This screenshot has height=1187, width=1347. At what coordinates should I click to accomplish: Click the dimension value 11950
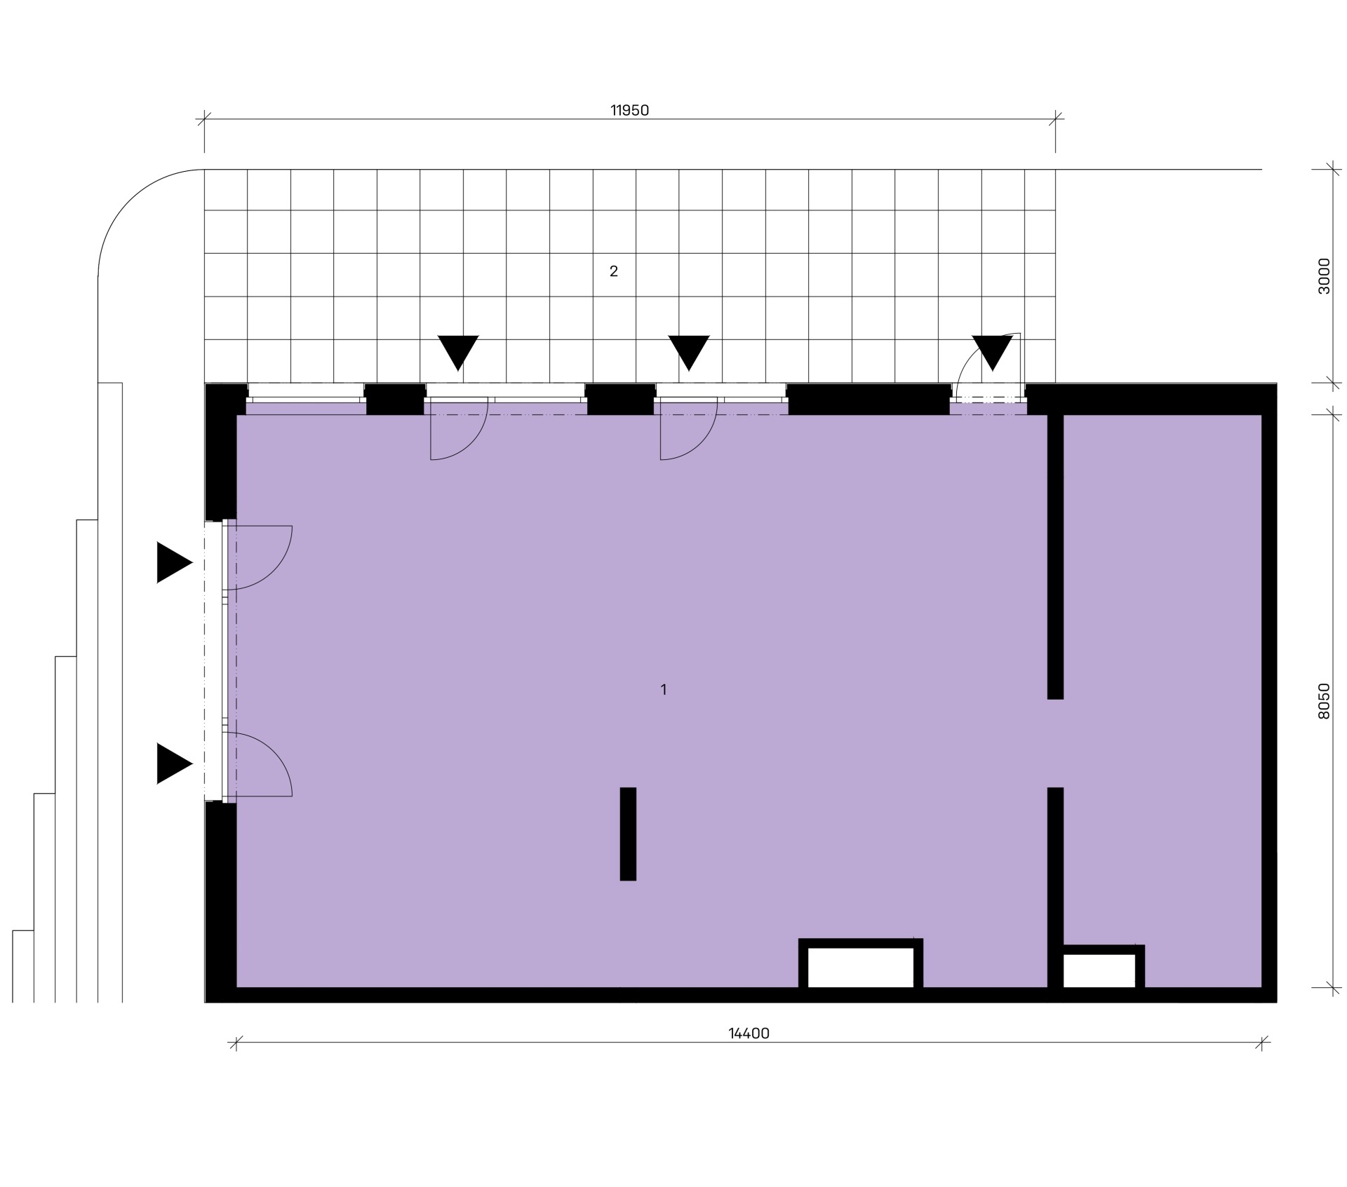click(x=629, y=110)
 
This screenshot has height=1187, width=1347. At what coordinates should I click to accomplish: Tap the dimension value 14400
click(x=749, y=1033)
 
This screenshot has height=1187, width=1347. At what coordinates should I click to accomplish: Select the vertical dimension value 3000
click(x=1324, y=276)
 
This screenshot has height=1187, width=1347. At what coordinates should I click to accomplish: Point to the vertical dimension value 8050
click(x=1324, y=701)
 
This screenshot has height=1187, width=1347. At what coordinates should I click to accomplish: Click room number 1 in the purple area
click(x=664, y=690)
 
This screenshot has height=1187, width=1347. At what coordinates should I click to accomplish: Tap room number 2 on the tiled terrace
click(x=614, y=271)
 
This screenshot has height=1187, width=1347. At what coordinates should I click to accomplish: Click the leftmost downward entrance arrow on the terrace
click(x=458, y=353)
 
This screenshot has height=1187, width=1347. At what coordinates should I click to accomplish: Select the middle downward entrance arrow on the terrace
click(x=689, y=353)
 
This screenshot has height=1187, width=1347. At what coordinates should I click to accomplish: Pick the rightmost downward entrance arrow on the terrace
click(x=993, y=353)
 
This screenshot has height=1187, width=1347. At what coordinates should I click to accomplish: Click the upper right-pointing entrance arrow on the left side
click(x=175, y=562)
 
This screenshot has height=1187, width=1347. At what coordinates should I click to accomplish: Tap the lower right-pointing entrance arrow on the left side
click(x=175, y=764)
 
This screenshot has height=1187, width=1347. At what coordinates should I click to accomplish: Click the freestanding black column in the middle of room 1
click(x=628, y=834)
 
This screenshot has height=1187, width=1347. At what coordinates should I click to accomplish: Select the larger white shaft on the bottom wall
click(x=861, y=968)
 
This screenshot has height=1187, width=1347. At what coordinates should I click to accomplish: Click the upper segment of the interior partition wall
click(x=1055, y=557)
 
